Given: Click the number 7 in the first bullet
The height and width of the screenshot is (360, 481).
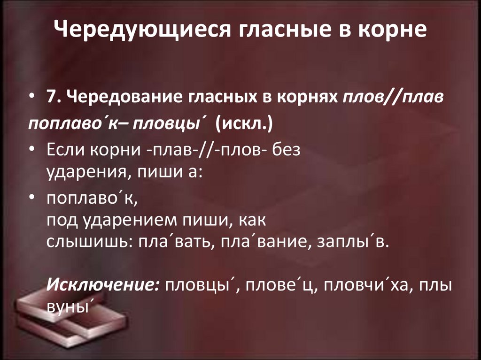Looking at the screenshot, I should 51,97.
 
